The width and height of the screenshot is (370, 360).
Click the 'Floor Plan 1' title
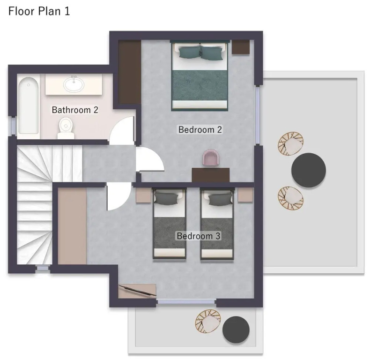point(39,11)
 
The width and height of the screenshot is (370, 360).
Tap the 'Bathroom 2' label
point(75,110)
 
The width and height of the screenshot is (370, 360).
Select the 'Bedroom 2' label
point(200,129)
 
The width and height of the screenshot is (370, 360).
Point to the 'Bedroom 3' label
point(199,236)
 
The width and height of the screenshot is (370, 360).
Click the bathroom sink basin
point(74,84)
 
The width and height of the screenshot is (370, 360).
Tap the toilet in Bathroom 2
point(66,128)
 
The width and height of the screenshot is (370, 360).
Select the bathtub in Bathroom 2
point(28,106)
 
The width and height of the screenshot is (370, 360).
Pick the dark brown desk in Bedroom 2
point(211,175)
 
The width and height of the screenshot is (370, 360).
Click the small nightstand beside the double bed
point(241,47)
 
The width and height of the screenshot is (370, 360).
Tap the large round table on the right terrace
point(309,170)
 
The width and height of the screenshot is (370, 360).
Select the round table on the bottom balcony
point(236,330)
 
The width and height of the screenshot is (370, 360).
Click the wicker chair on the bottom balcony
point(208,321)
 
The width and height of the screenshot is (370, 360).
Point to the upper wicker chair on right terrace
point(291,143)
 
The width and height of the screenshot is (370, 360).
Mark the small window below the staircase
point(43,268)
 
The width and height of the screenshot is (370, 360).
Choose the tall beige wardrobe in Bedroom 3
point(72,226)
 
